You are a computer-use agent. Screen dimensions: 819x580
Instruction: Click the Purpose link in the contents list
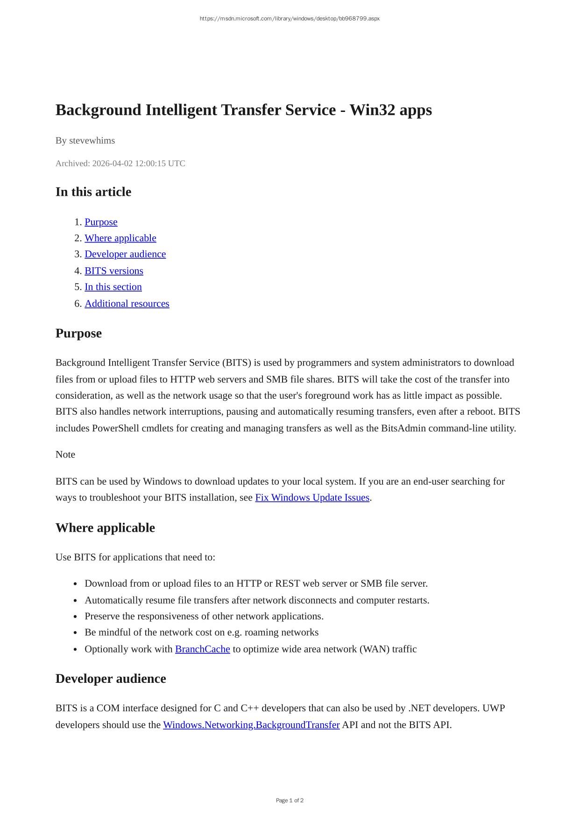coord(101,222)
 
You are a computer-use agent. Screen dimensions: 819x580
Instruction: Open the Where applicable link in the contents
coord(120,238)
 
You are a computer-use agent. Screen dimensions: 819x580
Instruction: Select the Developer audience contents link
coord(125,254)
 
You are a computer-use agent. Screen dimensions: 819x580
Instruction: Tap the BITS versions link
coord(114,271)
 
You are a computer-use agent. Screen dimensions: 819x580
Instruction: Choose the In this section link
coord(113,287)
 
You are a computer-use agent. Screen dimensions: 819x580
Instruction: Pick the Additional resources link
coord(127,304)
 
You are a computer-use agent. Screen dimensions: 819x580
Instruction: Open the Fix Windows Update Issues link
coord(312,498)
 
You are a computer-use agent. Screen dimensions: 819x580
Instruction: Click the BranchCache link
coord(202,649)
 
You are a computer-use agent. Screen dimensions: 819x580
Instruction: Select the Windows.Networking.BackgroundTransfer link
coord(251,725)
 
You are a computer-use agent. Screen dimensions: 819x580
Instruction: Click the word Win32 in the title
coord(371,110)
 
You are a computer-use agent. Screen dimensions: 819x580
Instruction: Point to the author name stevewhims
coord(92,140)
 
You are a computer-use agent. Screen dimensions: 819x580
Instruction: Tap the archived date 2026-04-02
coord(112,163)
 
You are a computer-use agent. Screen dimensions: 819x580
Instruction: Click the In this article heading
coord(93,192)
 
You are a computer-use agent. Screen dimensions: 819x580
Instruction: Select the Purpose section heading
coord(78,333)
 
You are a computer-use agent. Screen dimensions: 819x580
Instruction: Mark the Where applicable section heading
coord(105,527)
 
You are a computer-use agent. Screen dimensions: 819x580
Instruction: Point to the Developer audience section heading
coord(111,679)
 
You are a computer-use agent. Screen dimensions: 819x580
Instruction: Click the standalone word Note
coord(65,454)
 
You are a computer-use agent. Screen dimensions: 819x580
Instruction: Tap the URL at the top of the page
coord(290,19)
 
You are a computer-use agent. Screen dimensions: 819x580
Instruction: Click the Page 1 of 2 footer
coord(290,800)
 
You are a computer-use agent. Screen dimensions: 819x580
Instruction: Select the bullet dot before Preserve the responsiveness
coord(76,617)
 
